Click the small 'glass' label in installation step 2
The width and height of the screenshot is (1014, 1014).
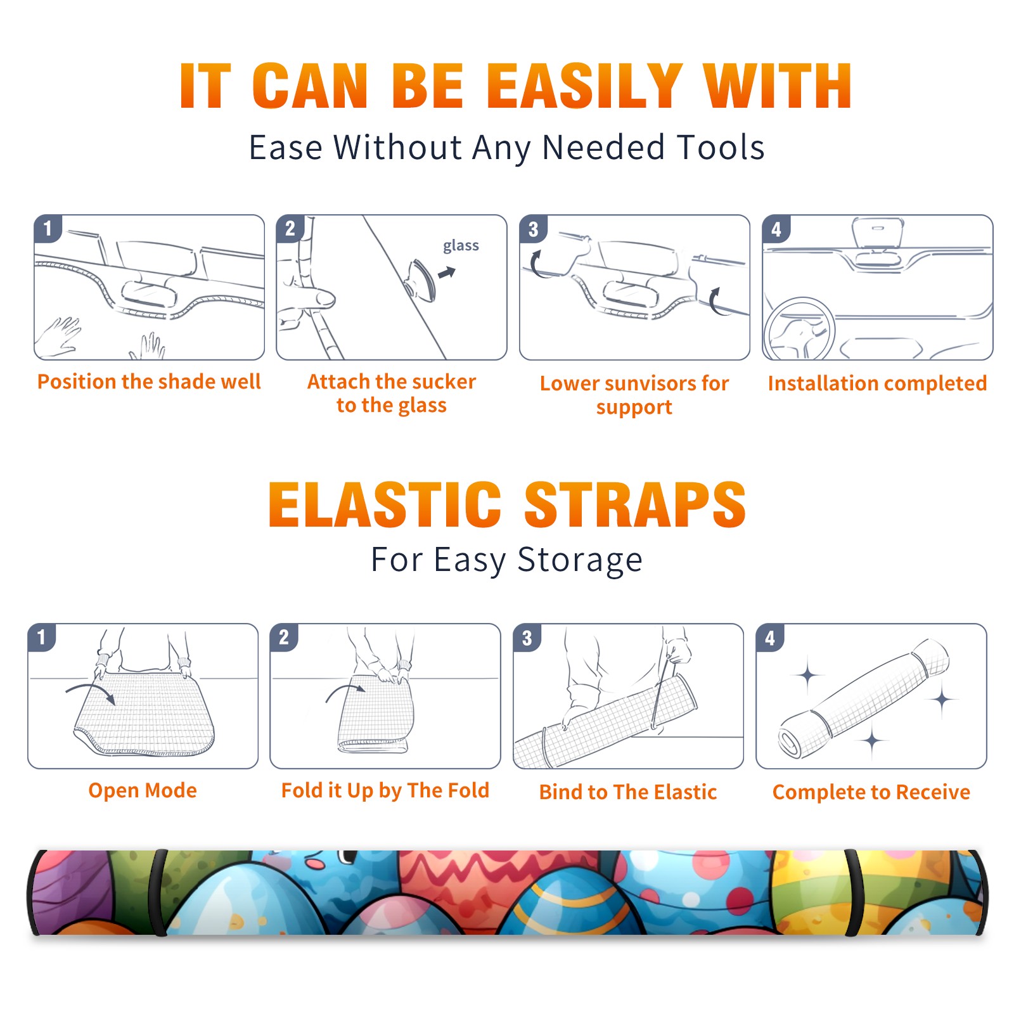click(x=461, y=246)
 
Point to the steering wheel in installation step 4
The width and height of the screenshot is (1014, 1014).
click(x=799, y=329)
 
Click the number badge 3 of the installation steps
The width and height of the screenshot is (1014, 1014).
click(x=533, y=229)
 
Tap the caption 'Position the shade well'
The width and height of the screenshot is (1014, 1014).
click(x=149, y=382)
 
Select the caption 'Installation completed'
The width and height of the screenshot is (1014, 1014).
click(x=877, y=383)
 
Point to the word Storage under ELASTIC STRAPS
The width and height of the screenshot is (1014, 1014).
click(x=580, y=561)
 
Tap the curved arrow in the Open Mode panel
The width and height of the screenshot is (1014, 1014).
click(x=91, y=691)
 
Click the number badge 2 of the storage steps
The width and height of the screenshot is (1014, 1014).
click(x=283, y=637)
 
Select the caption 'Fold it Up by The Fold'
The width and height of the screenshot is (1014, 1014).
click(x=385, y=791)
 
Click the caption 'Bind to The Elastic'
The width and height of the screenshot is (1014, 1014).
click(x=627, y=792)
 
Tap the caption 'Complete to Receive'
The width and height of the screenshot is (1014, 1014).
click(x=871, y=792)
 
